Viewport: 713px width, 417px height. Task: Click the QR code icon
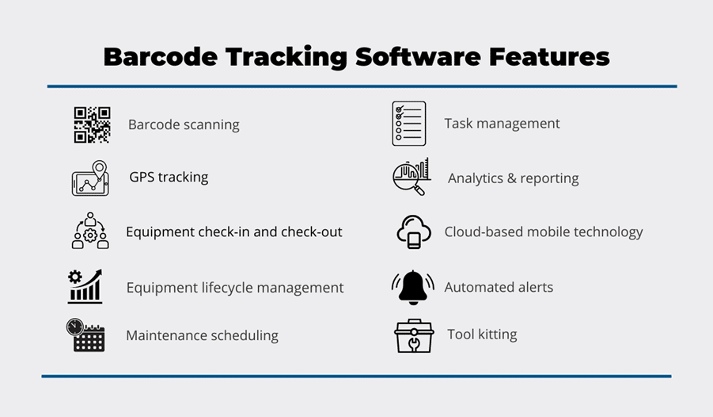[93, 125]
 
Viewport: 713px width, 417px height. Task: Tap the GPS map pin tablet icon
[90, 178]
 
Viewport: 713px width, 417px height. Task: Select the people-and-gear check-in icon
[90, 230]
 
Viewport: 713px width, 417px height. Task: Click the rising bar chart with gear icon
[85, 286]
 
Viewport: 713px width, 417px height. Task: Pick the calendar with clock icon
[85, 335]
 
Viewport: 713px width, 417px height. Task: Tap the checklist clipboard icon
[409, 124]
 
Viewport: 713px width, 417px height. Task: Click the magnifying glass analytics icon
[411, 177]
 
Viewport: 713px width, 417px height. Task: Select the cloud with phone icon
[413, 232]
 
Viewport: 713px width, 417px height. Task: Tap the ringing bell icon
[413, 288]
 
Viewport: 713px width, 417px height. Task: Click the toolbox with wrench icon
[414, 336]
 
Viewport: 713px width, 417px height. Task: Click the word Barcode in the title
[161, 57]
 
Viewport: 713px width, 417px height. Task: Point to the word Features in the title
[549, 57]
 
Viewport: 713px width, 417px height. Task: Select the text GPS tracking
[169, 177]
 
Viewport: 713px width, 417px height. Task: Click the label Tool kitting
[482, 335]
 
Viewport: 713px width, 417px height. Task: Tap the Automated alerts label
[499, 287]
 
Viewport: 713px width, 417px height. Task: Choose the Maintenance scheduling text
[202, 335]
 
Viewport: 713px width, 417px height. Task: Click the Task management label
[502, 124]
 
